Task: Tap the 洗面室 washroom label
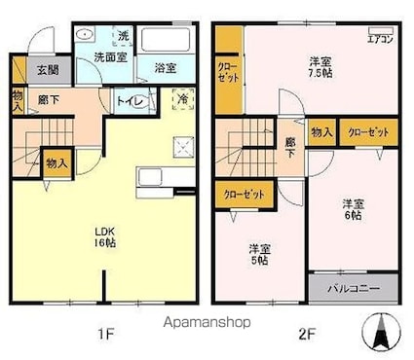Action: pos(109,57)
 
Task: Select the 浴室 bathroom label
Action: pos(165,67)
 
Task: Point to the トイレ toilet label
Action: pos(130,99)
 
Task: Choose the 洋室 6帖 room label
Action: pos(353,210)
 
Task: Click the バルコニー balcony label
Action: pos(352,289)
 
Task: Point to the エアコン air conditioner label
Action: pos(379,40)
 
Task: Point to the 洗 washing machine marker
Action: pos(123,36)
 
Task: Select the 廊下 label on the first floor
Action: pos(47,99)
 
